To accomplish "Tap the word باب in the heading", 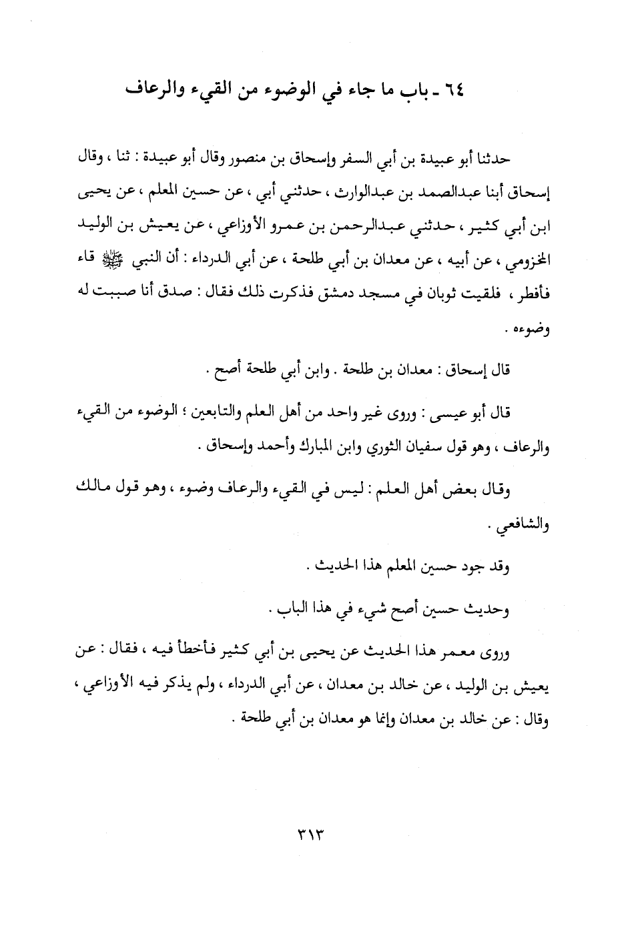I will pos(418,89).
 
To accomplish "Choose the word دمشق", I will pos(306,297).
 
